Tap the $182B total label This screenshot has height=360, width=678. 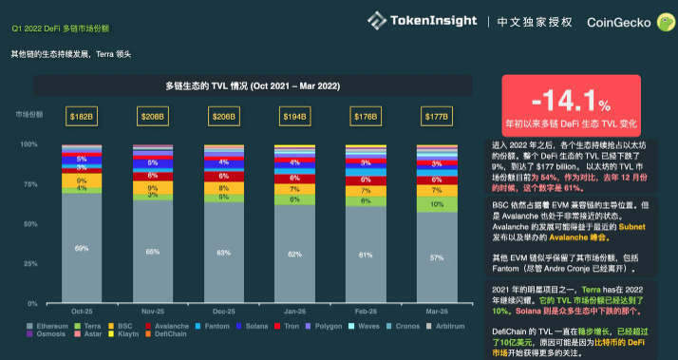click(81, 117)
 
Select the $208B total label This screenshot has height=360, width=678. click(151, 117)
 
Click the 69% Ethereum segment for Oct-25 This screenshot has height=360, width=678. click(81, 247)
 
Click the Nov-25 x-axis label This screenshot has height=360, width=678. click(151, 310)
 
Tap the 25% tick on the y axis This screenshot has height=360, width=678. click(29, 264)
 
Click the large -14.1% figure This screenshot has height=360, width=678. click(570, 101)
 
